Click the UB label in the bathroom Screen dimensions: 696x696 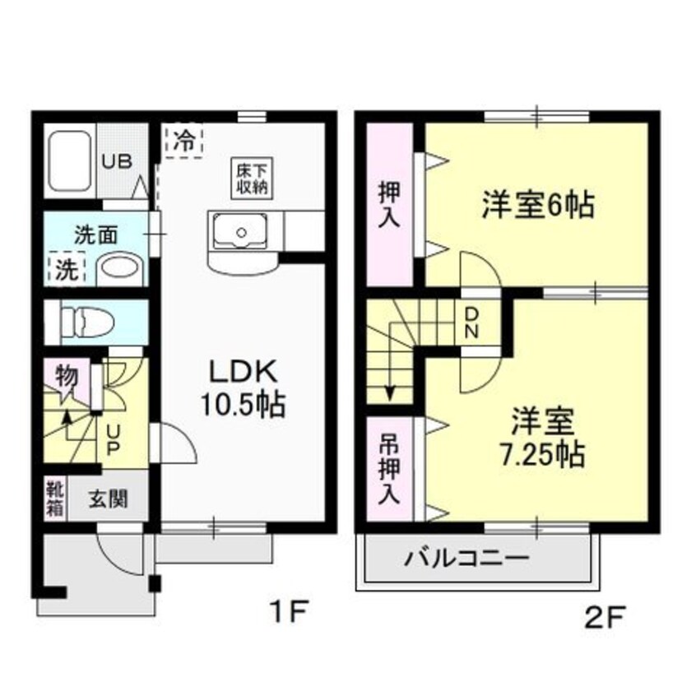click(115, 160)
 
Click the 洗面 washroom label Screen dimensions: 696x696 click(96, 234)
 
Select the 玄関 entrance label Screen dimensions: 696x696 click(108, 499)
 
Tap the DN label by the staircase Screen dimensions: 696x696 click(472, 322)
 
